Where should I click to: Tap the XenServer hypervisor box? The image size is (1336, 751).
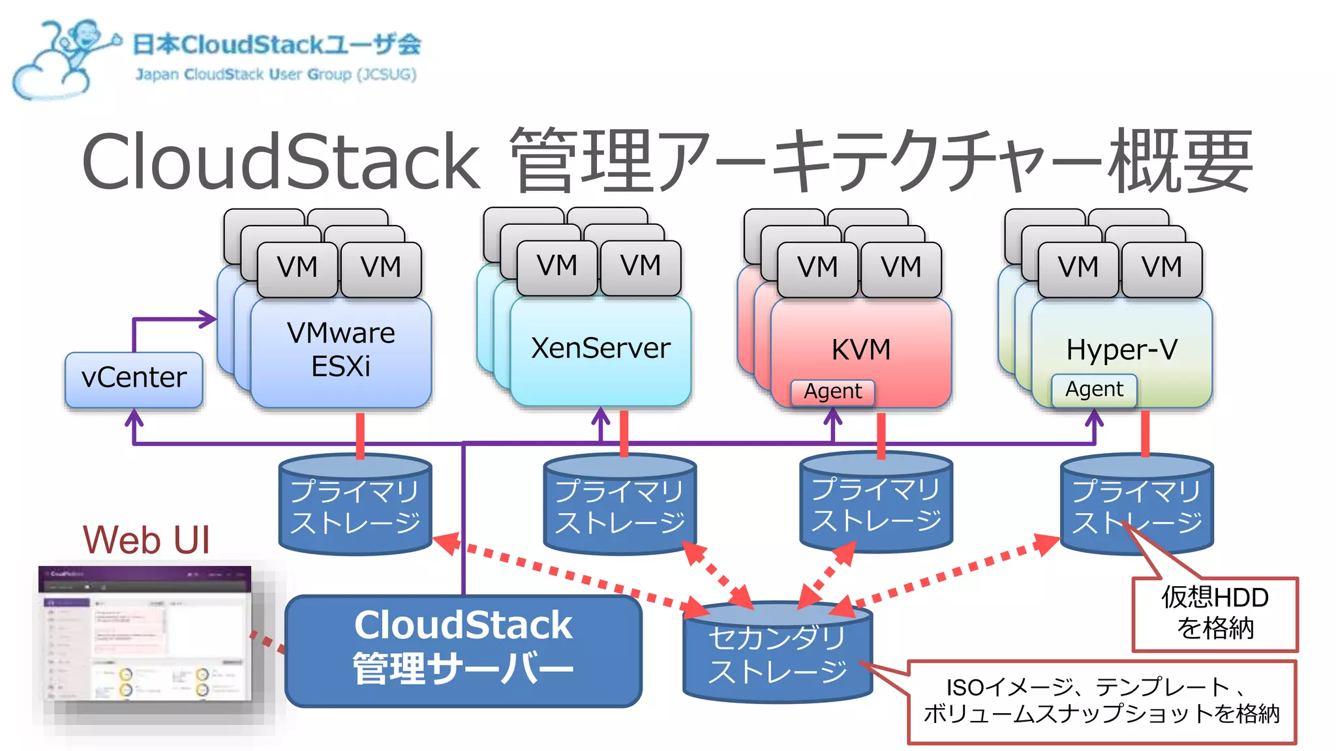point(600,349)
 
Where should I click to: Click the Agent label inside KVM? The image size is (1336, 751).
point(832,392)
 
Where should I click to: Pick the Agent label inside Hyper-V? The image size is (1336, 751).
point(1094,390)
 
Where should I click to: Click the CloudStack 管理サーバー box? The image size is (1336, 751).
point(463,649)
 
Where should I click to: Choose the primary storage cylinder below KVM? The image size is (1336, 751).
point(876,505)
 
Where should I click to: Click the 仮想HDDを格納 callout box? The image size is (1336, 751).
point(1215,613)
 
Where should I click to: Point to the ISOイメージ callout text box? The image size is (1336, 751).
point(1101,701)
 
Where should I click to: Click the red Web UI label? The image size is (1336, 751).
point(146,540)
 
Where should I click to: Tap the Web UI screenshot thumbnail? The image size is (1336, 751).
point(145,636)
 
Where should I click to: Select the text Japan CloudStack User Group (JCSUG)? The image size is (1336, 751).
point(275,74)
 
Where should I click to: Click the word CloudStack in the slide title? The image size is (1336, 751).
point(281,162)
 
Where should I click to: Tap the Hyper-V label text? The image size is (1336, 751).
point(1121,350)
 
